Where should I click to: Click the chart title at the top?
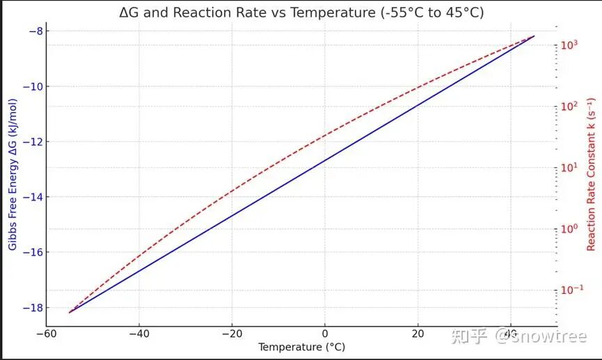click(301, 13)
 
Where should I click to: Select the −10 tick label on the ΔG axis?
click(33, 86)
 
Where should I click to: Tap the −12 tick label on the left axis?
click(33, 142)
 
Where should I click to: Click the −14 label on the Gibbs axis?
click(33, 197)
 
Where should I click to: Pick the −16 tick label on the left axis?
click(33, 253)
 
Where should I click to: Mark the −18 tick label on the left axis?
click(33, 308)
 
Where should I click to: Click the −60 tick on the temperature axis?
click(47, 334)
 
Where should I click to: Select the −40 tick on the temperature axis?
click(139, 334)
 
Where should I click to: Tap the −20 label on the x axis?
click(232, 334)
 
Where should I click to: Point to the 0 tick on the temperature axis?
click(325, 334)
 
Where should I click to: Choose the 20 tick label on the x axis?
click(418, 334)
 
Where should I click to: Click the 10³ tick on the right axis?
click(569, 45)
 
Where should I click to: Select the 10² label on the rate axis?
click(569, 106)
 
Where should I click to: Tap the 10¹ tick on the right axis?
click(569, 167)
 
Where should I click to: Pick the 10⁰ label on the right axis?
click(569, 228)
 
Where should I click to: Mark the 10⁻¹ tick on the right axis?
click(571, 289)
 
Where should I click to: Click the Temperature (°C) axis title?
click(301, 347)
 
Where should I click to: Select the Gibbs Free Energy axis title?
click(13, 174)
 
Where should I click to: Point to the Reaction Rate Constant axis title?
click(591, 174)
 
